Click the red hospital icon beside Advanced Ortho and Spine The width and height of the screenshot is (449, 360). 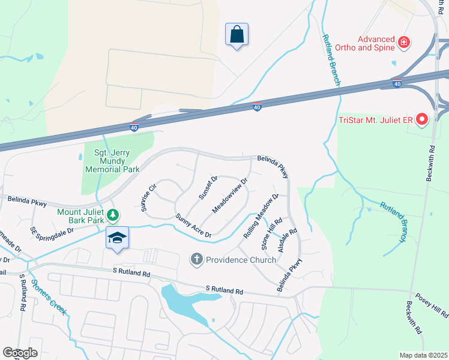[405, 42]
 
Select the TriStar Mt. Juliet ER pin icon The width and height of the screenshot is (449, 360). [421, 120]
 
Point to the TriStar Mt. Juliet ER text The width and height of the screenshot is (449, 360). [376, 121]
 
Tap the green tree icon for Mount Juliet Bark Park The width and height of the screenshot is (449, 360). [112, 215]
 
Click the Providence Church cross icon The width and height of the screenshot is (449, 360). [196, 259]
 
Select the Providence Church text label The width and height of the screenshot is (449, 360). [241, 260]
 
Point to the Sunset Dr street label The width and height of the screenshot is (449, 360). [208, 188]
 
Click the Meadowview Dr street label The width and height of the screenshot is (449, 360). [230, 196]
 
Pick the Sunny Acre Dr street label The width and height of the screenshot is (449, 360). [193, 226]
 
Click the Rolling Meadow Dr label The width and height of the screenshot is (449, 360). [261, 216]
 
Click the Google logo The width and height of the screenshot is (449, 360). [20, 352]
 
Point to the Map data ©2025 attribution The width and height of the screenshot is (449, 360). [423, 355]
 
